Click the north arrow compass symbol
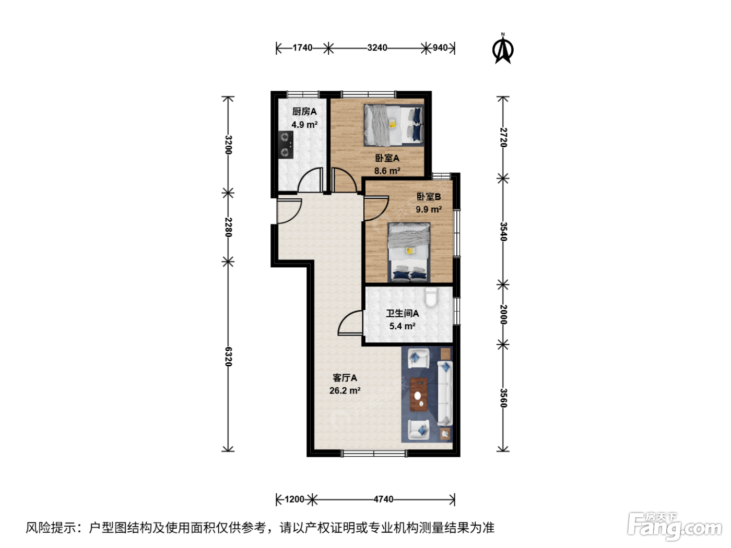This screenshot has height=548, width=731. (x=502, y=49)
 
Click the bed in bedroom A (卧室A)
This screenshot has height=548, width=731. (x=394, y=125)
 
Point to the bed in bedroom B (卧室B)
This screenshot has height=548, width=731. (x=409, y=253)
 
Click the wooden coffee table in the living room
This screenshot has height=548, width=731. (x=419, y=394)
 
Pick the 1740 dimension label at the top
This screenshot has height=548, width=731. (x=302, y=48)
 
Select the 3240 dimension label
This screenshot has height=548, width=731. (x=377, y=48)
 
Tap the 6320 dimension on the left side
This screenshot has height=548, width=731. (x=228, y=356)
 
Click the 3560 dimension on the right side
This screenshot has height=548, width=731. (x=503, y=398)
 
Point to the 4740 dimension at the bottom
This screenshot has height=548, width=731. (x=383, y=499)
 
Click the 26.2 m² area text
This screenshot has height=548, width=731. (x=345, y=390)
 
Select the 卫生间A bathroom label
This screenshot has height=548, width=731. (x=402, y=313)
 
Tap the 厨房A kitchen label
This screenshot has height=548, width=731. (x=304, y=112)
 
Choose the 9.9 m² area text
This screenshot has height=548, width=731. (x=429, y=209)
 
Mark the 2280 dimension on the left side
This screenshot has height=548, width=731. (x=228, y=227)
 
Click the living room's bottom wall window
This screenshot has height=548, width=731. (x=374, y=453)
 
